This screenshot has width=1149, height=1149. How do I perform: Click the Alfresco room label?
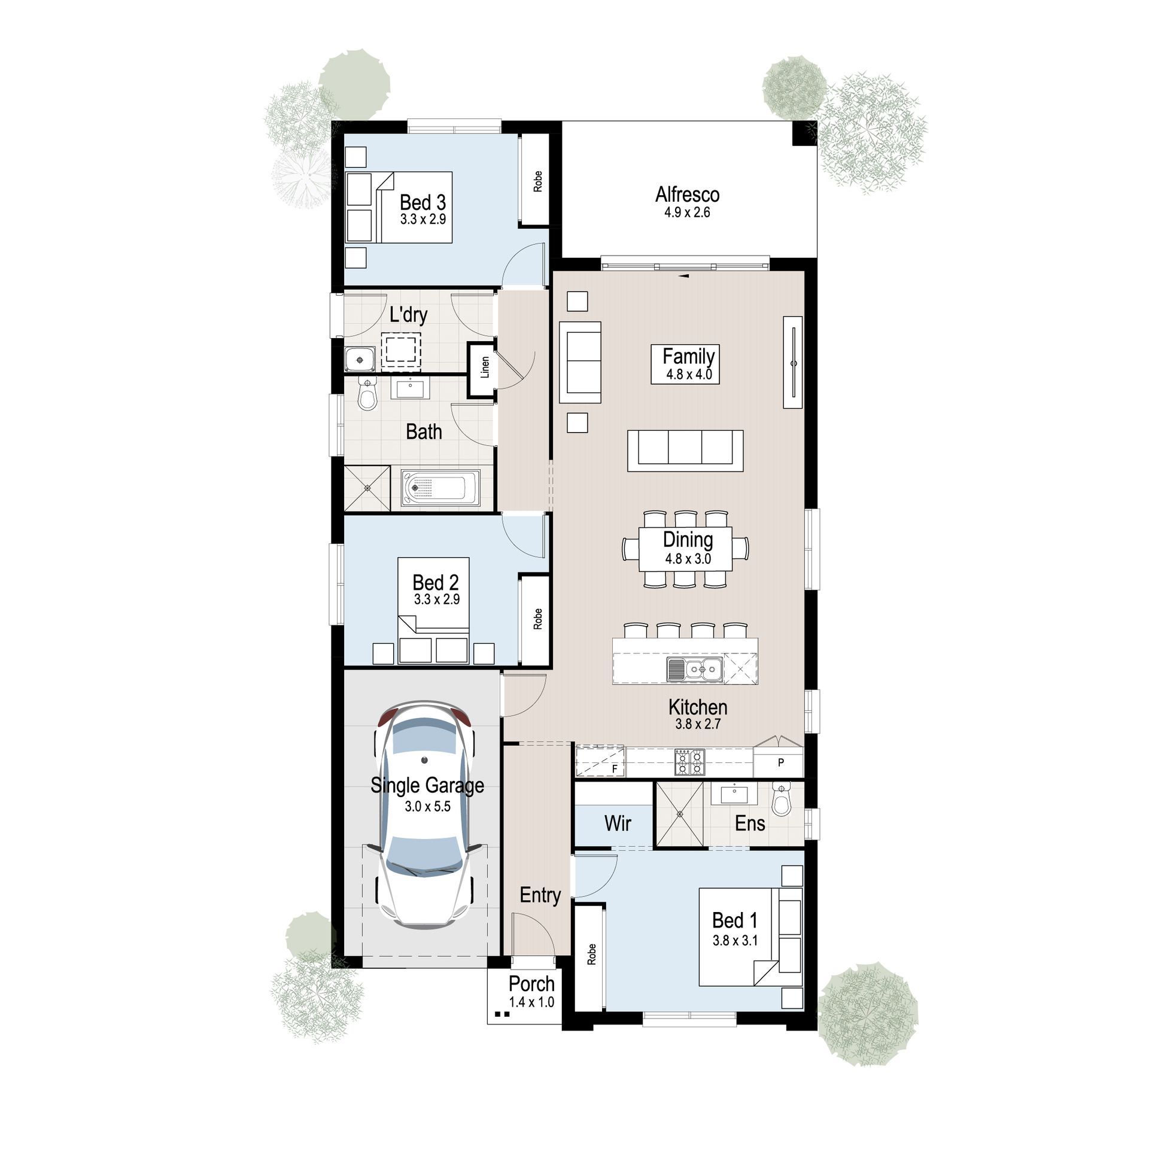[x=687, y=194]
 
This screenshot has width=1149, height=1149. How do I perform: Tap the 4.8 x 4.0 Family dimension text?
[x=689, y=375]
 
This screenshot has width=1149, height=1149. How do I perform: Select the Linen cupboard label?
[x=485, y=367]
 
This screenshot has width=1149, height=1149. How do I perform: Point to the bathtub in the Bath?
[x=440, y=488]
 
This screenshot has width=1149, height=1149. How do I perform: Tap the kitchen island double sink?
[x=695, y=669]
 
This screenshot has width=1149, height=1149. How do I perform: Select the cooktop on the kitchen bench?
[x=689, y=762]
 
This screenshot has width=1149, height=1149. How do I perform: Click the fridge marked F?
[x=600, y=761]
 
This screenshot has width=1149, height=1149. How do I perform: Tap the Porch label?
[x=531, y=983]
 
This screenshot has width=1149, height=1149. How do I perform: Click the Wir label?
[x=618, y=823]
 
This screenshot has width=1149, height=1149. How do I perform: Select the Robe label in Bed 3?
[x=537, y=181]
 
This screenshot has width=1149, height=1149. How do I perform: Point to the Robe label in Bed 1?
[x=592, y=954]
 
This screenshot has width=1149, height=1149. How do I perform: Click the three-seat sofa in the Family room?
[x=685, y=451]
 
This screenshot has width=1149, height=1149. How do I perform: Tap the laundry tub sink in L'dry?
[x=360, y=360]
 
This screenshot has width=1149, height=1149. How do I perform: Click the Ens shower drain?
[x=680, y=814]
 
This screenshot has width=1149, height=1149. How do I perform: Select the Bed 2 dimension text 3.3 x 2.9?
[x=437, y=599]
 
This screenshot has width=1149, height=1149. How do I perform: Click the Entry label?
[x=540, y=895]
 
